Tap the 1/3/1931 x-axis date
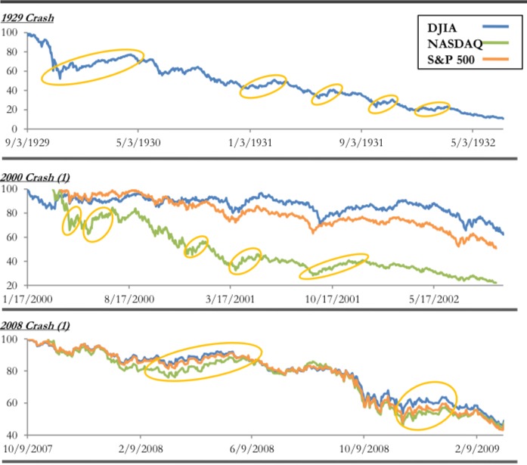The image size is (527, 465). coord(250,141)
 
